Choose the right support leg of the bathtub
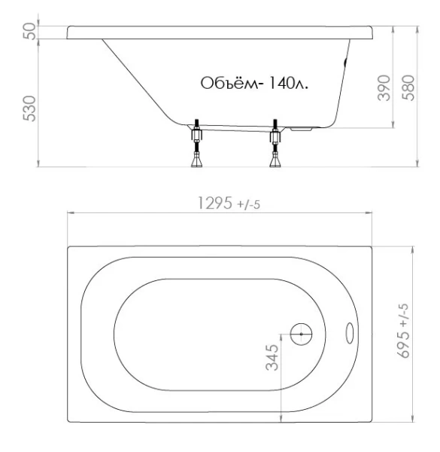point(275,143)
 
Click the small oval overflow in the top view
point(351,332)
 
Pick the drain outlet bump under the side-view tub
point(303,129)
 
